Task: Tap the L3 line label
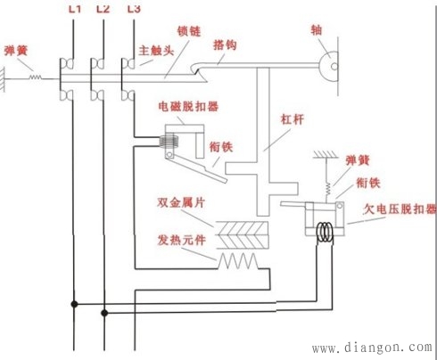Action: [134, 9]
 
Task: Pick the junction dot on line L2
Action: [104, 312]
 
